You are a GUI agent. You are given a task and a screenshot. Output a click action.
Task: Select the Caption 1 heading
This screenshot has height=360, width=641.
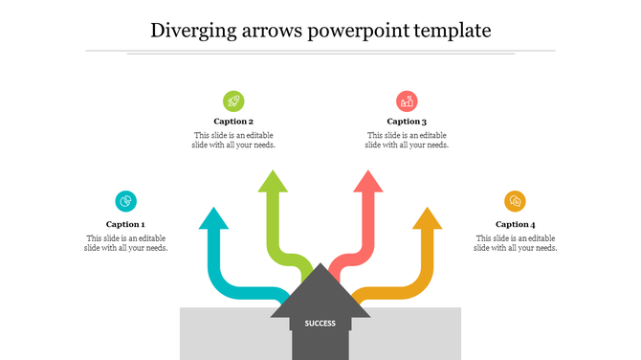125,224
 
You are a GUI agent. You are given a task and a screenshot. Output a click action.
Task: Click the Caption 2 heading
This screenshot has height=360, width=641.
233,122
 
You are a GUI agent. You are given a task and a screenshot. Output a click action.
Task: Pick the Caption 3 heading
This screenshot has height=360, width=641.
407,122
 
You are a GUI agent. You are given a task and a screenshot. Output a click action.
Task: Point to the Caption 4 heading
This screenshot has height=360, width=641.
516,224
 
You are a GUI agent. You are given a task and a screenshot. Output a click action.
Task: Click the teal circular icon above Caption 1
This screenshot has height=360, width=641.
125,201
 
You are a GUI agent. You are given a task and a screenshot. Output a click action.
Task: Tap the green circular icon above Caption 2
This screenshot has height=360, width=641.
233,101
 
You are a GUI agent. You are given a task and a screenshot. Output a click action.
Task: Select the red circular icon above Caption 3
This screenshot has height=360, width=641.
407,101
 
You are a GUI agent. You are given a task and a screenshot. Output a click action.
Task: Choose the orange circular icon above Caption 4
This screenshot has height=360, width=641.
516,201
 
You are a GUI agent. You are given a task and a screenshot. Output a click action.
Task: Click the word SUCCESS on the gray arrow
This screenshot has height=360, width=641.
320,323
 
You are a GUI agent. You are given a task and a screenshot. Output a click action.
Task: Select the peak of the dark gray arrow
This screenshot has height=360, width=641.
320,269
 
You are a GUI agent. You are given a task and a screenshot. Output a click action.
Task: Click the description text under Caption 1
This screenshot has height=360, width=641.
125,243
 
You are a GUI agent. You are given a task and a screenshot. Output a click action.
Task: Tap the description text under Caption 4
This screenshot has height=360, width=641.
516,243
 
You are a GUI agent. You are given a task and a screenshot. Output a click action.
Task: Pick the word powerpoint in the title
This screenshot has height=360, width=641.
360,32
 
